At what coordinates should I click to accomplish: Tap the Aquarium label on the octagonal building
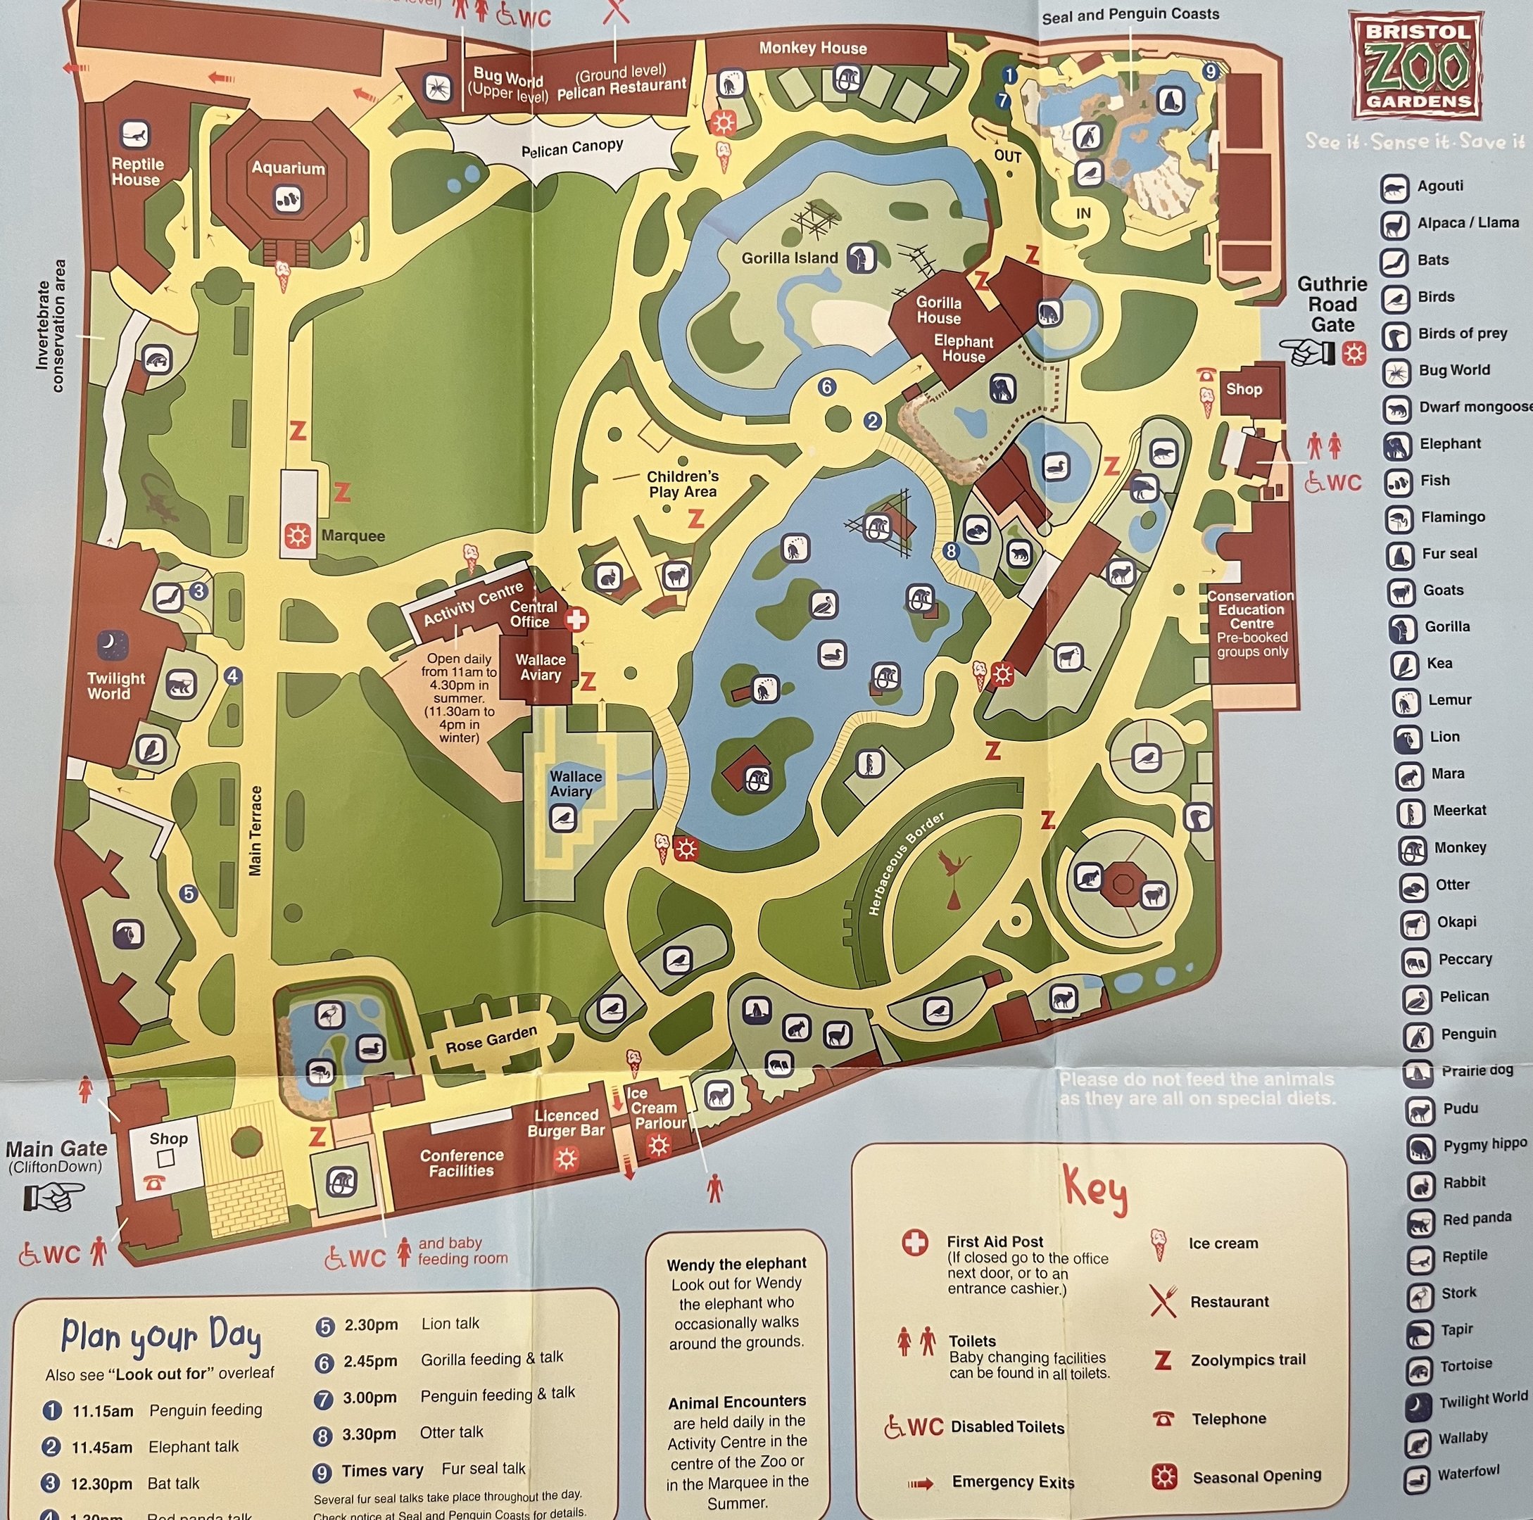point(288,167)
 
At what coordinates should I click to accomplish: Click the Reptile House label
point(137,172)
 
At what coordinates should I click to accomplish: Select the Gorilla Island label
point(789,258)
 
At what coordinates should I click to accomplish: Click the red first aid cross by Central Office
point(577,619)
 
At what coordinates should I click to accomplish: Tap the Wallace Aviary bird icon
point(563,817)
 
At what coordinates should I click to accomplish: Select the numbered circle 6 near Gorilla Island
point(827,386)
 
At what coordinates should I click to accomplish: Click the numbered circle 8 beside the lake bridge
point(952,550)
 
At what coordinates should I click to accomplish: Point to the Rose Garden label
point(491,1039)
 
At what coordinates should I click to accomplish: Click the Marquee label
point(353,536)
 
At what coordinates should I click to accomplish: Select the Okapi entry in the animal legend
point(1456,922)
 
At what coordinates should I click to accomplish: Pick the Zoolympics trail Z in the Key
point(1163,1360)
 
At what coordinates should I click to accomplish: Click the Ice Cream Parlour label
point(659,1108)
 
